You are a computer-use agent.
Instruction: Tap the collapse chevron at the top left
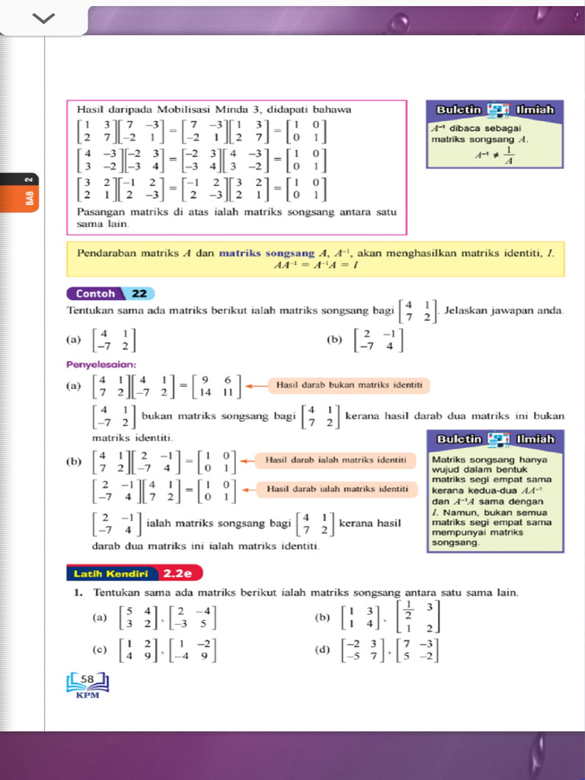(x=43, y=18)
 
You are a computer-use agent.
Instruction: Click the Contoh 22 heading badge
(x=110, y=293)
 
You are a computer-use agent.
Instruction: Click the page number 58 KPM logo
(x=88, y=682)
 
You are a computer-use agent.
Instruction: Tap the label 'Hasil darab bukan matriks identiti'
(x=349, y=385)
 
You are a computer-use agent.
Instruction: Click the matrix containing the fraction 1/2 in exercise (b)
(x=418, y=618)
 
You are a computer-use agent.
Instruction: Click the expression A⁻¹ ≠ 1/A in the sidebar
(x=494, y=155)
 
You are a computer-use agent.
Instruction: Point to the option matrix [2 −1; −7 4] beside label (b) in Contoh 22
(x=378, y=340)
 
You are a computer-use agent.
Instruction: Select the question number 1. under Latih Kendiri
(x=78, y=592)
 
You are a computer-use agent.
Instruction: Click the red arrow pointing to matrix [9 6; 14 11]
(x=257, y=385)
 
